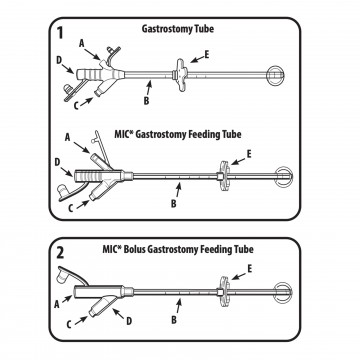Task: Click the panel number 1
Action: (x=60, y=33)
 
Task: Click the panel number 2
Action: (x=60, y=253)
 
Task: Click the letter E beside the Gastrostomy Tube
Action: (x=207, y=55)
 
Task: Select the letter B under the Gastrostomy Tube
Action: (x=146, y=101)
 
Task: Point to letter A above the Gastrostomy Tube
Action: (x=81, y=43)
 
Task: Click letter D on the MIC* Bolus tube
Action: (x=129, y=321)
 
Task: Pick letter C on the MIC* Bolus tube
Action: (x=69, y=324)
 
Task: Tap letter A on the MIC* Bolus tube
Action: (x=58, y=304)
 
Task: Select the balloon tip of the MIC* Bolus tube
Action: (x=284, y=292)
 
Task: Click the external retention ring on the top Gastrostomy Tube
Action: (x=180, y=74)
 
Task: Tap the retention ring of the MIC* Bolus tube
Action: (x=222, y=293)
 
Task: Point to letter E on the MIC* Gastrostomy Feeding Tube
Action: (x=249, y=155)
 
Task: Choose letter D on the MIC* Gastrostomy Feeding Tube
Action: (x=57, y=163)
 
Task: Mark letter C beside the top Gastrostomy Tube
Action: (x=76, y=105)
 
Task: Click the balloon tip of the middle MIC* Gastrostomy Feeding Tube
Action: (x=284, y=176)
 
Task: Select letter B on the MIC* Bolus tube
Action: (x=174, y=320)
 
